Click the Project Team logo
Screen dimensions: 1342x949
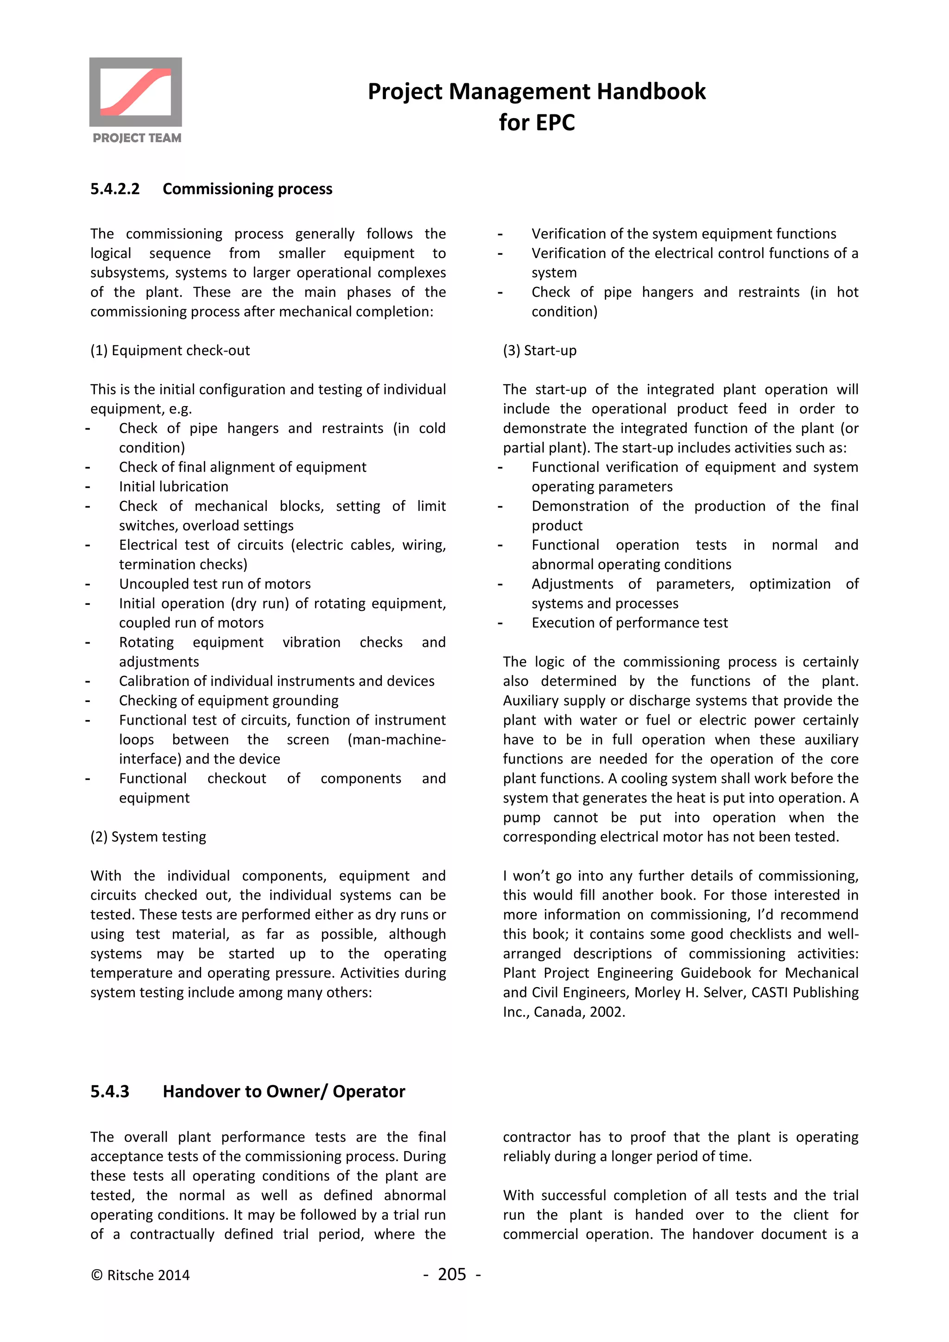[136, 100]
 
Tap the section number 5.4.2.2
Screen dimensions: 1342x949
[115, 189]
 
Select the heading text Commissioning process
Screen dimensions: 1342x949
[247, 189]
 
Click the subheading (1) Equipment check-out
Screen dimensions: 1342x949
[170, 350]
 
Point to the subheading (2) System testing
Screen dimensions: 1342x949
[149, 836]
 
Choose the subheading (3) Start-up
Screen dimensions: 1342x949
[540, 350]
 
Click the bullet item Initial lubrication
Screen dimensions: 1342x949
[174, 486]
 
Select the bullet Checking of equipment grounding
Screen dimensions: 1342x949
[228, 700]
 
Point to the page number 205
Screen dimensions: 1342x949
[452, 1274]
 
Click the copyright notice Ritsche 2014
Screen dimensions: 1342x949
[140, 1275]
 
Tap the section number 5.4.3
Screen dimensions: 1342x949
[110, 1091]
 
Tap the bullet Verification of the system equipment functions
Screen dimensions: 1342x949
[683, 234]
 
